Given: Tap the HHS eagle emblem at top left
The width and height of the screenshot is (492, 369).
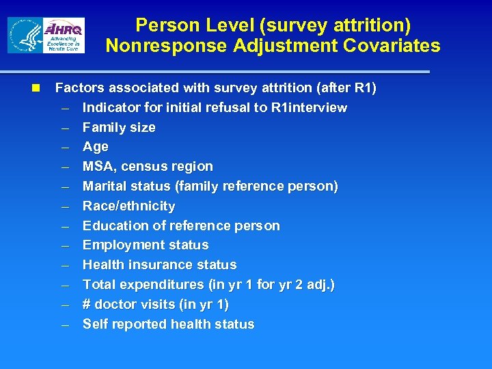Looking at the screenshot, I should click(x=26, y=36).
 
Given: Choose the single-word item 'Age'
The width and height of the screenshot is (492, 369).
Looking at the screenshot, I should click(x=95, y=147).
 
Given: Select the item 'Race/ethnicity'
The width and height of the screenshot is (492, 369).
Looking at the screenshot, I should click(x=128, y=206).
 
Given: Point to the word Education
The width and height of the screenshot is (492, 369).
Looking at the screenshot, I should click(x=114, y=225).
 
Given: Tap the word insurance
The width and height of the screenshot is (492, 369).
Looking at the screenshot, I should click(x=158, y=265).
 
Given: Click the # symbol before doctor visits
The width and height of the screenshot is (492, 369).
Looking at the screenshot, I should click(x=87, y=305).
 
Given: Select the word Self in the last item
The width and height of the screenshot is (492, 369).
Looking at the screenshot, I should click(x=95, y=325).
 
